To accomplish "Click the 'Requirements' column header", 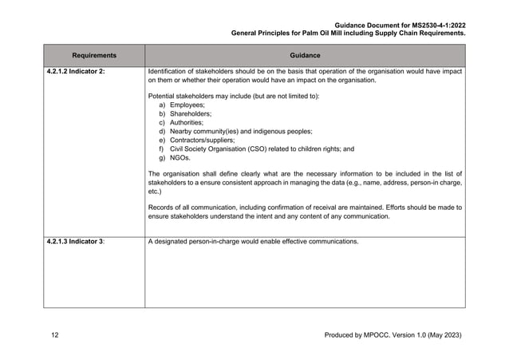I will (93, 55).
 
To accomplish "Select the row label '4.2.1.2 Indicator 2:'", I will (77, 73).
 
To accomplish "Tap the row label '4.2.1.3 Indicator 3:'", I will (77, 242).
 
